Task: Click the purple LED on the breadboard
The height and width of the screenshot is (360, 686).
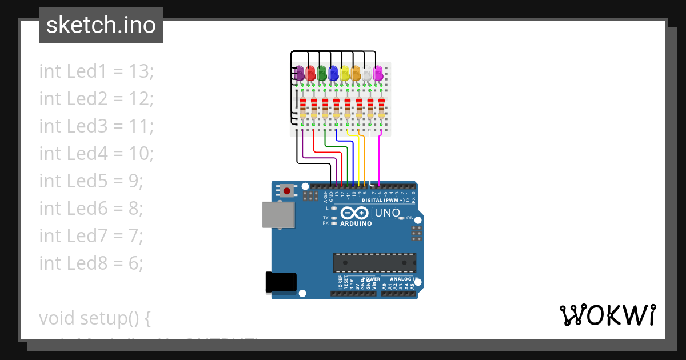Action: point(299,73)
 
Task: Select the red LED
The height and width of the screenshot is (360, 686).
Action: point(310,73)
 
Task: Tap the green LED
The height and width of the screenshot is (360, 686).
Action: point(322,73)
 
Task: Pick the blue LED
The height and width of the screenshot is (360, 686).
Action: point(333,73)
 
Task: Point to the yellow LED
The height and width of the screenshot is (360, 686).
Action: point(345,73)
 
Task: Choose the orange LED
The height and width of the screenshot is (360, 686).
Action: point(356,73)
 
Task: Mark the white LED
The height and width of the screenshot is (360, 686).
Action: point(367,73)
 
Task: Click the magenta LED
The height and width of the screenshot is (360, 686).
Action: point(378,73)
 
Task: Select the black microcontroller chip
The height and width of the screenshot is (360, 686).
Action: point(374,262)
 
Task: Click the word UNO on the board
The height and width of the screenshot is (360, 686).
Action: point(387,213)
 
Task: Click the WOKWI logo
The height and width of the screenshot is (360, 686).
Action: point(607,315)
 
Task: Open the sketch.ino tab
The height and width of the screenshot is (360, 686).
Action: point(101,25)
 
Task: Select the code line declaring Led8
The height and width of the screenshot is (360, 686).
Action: point(91,263)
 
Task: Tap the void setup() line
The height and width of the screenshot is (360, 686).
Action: point(94,317)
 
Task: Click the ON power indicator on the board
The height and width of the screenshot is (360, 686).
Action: point(402,218)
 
